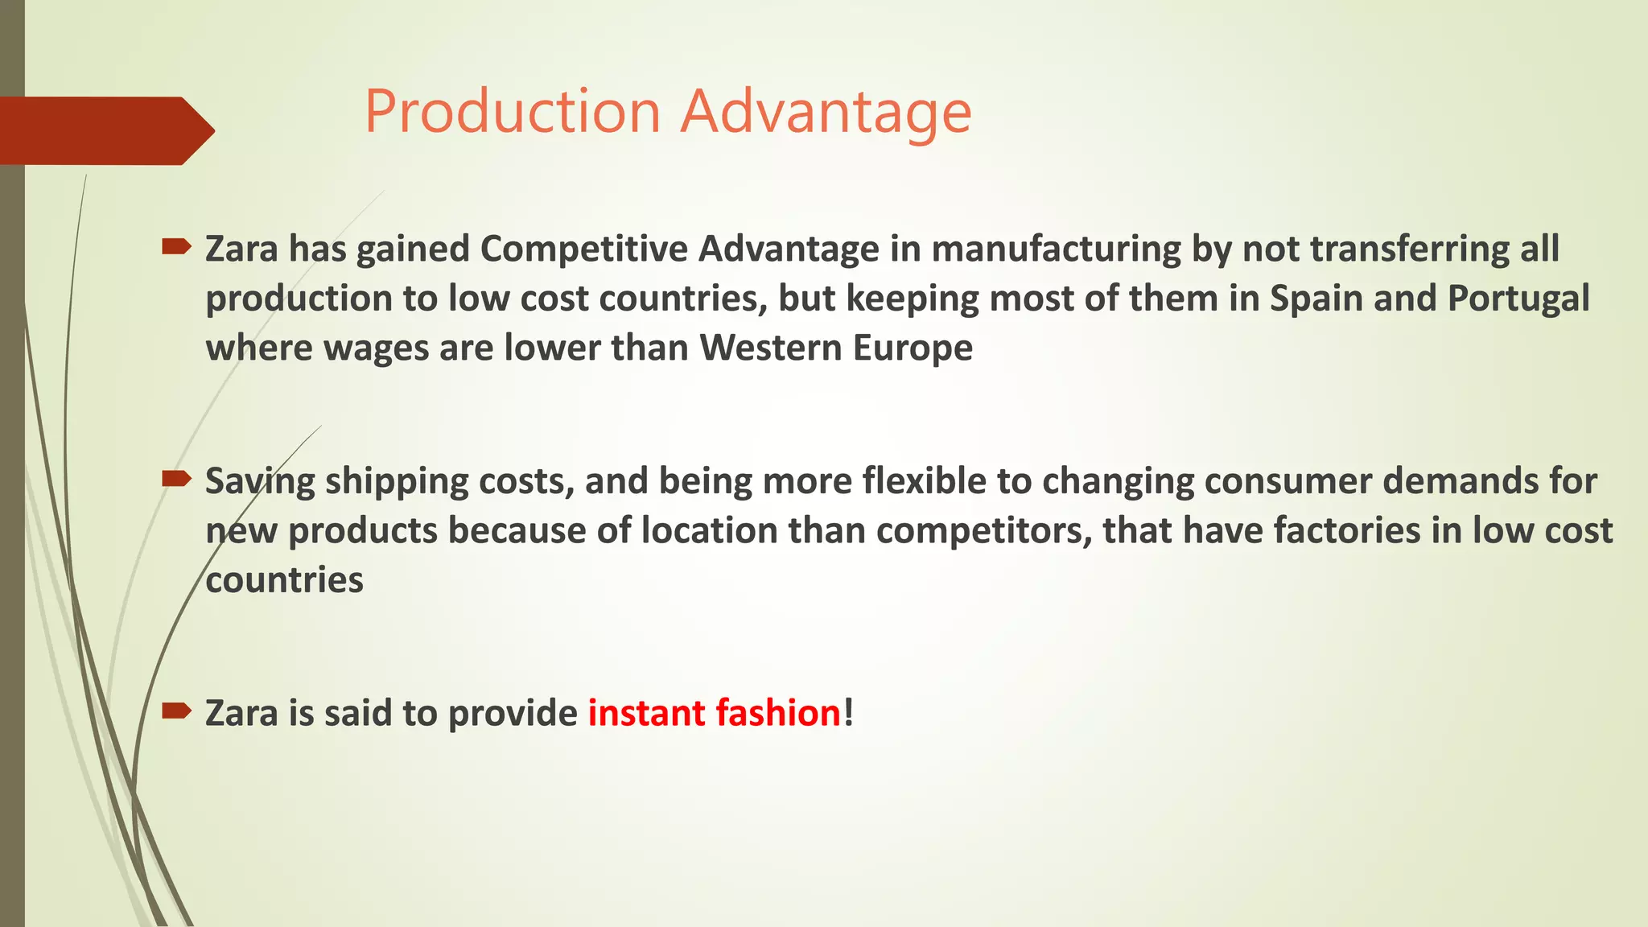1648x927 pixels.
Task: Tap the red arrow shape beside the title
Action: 105,130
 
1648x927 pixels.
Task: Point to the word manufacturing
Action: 1040,249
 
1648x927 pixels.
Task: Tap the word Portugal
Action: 1518,299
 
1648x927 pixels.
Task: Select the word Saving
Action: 259,481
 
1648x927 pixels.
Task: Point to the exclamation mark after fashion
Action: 848,713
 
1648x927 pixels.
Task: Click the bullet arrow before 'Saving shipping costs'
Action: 176,480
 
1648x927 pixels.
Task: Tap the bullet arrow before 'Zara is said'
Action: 176,711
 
